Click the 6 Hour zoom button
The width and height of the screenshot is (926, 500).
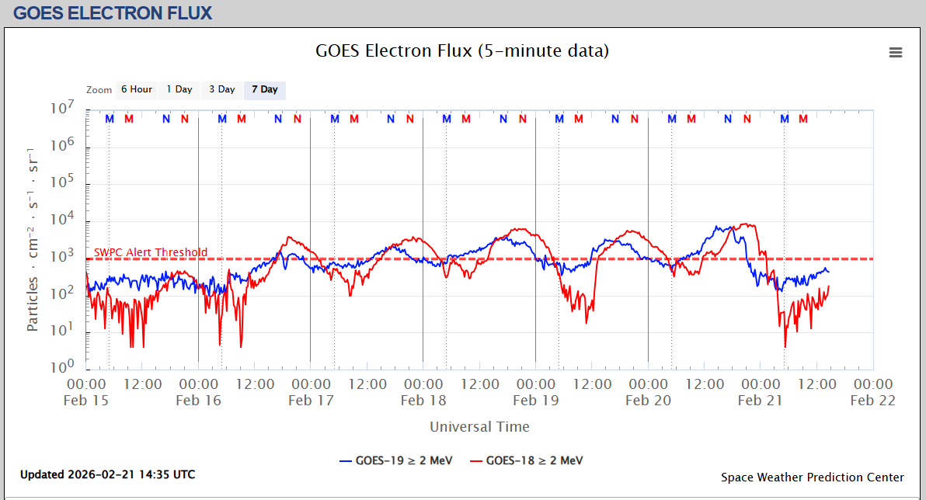coord(136,89)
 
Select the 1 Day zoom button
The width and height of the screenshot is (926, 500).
coord(179,89)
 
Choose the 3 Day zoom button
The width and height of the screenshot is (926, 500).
coord(221,89)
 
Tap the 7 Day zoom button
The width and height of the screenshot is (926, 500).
coord(264,89)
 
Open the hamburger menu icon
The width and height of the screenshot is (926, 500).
coord(896,53)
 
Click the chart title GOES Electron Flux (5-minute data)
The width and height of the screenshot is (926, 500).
coord(462,51)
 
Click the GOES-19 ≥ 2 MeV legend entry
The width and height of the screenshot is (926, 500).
coord(396,460)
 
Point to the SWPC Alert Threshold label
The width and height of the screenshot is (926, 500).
coord(151,252)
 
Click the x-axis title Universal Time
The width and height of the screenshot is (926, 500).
coord(479,426)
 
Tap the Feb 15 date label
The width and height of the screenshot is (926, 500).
coord(86,401)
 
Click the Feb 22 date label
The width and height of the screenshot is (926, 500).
coord(872,401)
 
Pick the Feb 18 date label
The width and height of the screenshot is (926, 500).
coord(423,401)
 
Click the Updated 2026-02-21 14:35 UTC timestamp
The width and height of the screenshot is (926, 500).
coord(107,474)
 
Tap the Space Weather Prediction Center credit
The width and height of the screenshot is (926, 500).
coord(812,477)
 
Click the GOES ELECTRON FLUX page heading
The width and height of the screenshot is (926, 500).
coord(113,13)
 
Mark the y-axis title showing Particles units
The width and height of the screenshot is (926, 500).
coord(33,238)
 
